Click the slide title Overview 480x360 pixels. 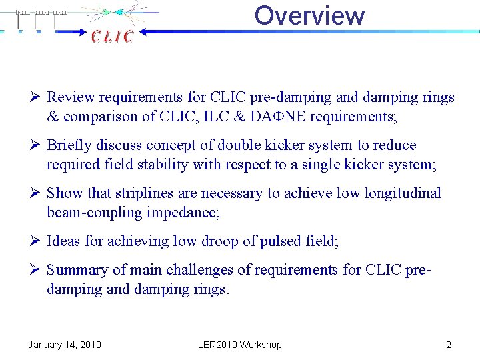click(x=309, y=15)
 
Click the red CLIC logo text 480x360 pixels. click(x=113, y=37)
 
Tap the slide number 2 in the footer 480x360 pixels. click(x=449, y=345)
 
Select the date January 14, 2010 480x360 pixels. click(x=65, y=345)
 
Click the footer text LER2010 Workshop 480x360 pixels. click(x=240, y=345)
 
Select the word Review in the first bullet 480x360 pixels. click(x=70, y=97)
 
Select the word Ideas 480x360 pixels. click(x=63, y=241)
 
